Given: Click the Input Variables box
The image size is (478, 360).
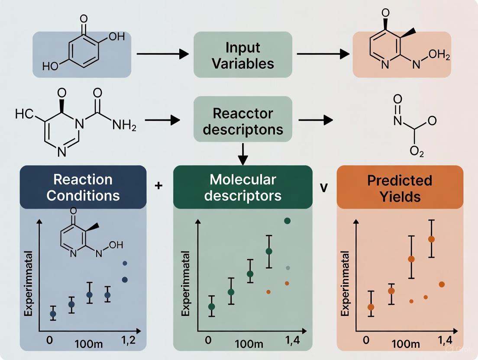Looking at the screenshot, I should [242, 55].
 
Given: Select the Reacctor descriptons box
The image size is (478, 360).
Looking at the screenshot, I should [242, 121].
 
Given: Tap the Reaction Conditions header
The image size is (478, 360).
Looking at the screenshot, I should [83, 187].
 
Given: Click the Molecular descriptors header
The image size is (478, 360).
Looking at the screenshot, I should [242, 187].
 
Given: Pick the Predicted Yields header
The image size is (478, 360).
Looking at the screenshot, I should [400, 187].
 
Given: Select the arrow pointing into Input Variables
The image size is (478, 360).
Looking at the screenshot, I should [163, 54].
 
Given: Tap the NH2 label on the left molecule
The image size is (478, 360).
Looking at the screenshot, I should [124, 126].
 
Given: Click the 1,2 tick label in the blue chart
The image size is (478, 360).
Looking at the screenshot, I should [127, 340].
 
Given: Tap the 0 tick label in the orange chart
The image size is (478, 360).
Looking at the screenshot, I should [367, 340].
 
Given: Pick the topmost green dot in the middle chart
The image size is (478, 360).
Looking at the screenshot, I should [287, 221].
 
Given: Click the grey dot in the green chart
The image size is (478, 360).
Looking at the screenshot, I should [287, 268].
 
